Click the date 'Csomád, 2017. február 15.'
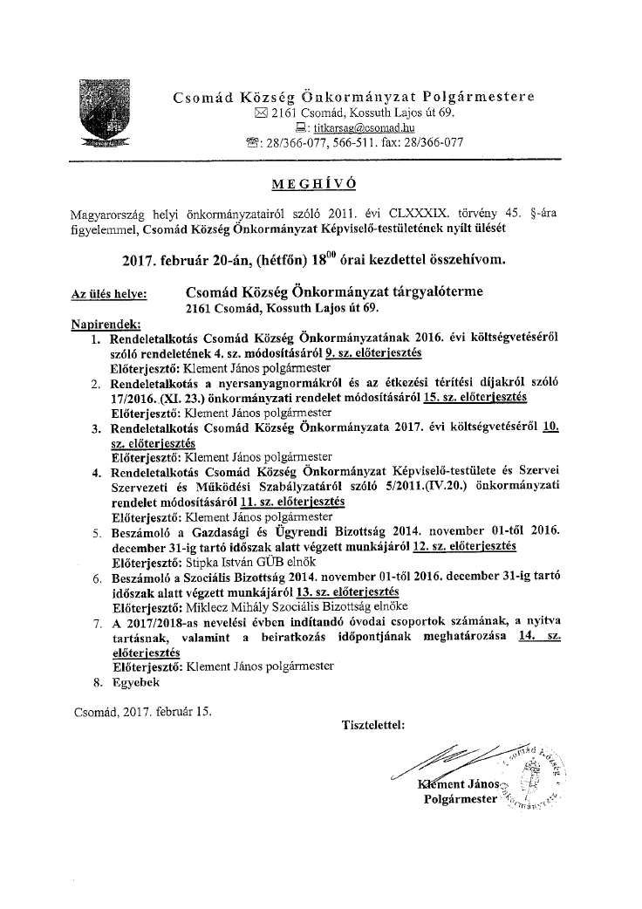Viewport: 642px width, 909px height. coord(142,711)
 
